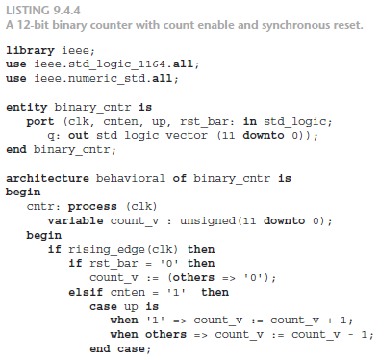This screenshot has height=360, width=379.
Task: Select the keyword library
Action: (30, 48)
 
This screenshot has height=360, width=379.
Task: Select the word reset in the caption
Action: (291, 23)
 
